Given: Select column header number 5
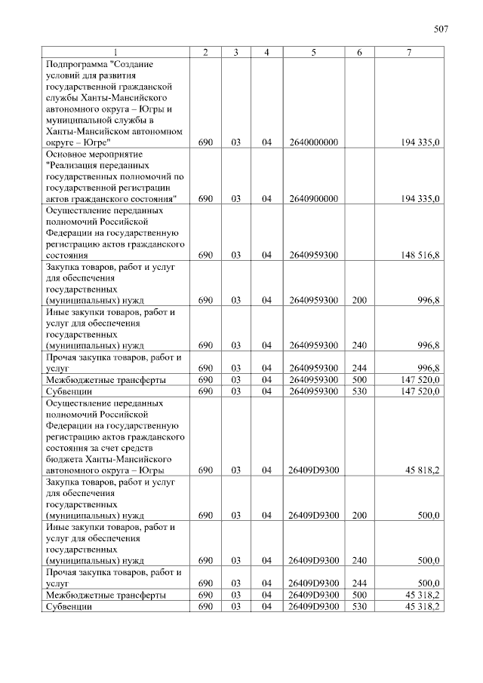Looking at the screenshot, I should tap(312, 51).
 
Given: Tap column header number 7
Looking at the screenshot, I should tap(408, 51).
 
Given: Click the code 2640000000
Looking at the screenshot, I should tap(312, 142).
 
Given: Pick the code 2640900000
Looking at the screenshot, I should tap(312, 198).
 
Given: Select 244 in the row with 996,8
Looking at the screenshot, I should tap(359, 369).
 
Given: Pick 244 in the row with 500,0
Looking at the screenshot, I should tap(359, 583).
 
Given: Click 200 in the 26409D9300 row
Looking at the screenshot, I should tap(359, 516).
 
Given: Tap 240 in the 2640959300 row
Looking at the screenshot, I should tap(359, 345).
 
